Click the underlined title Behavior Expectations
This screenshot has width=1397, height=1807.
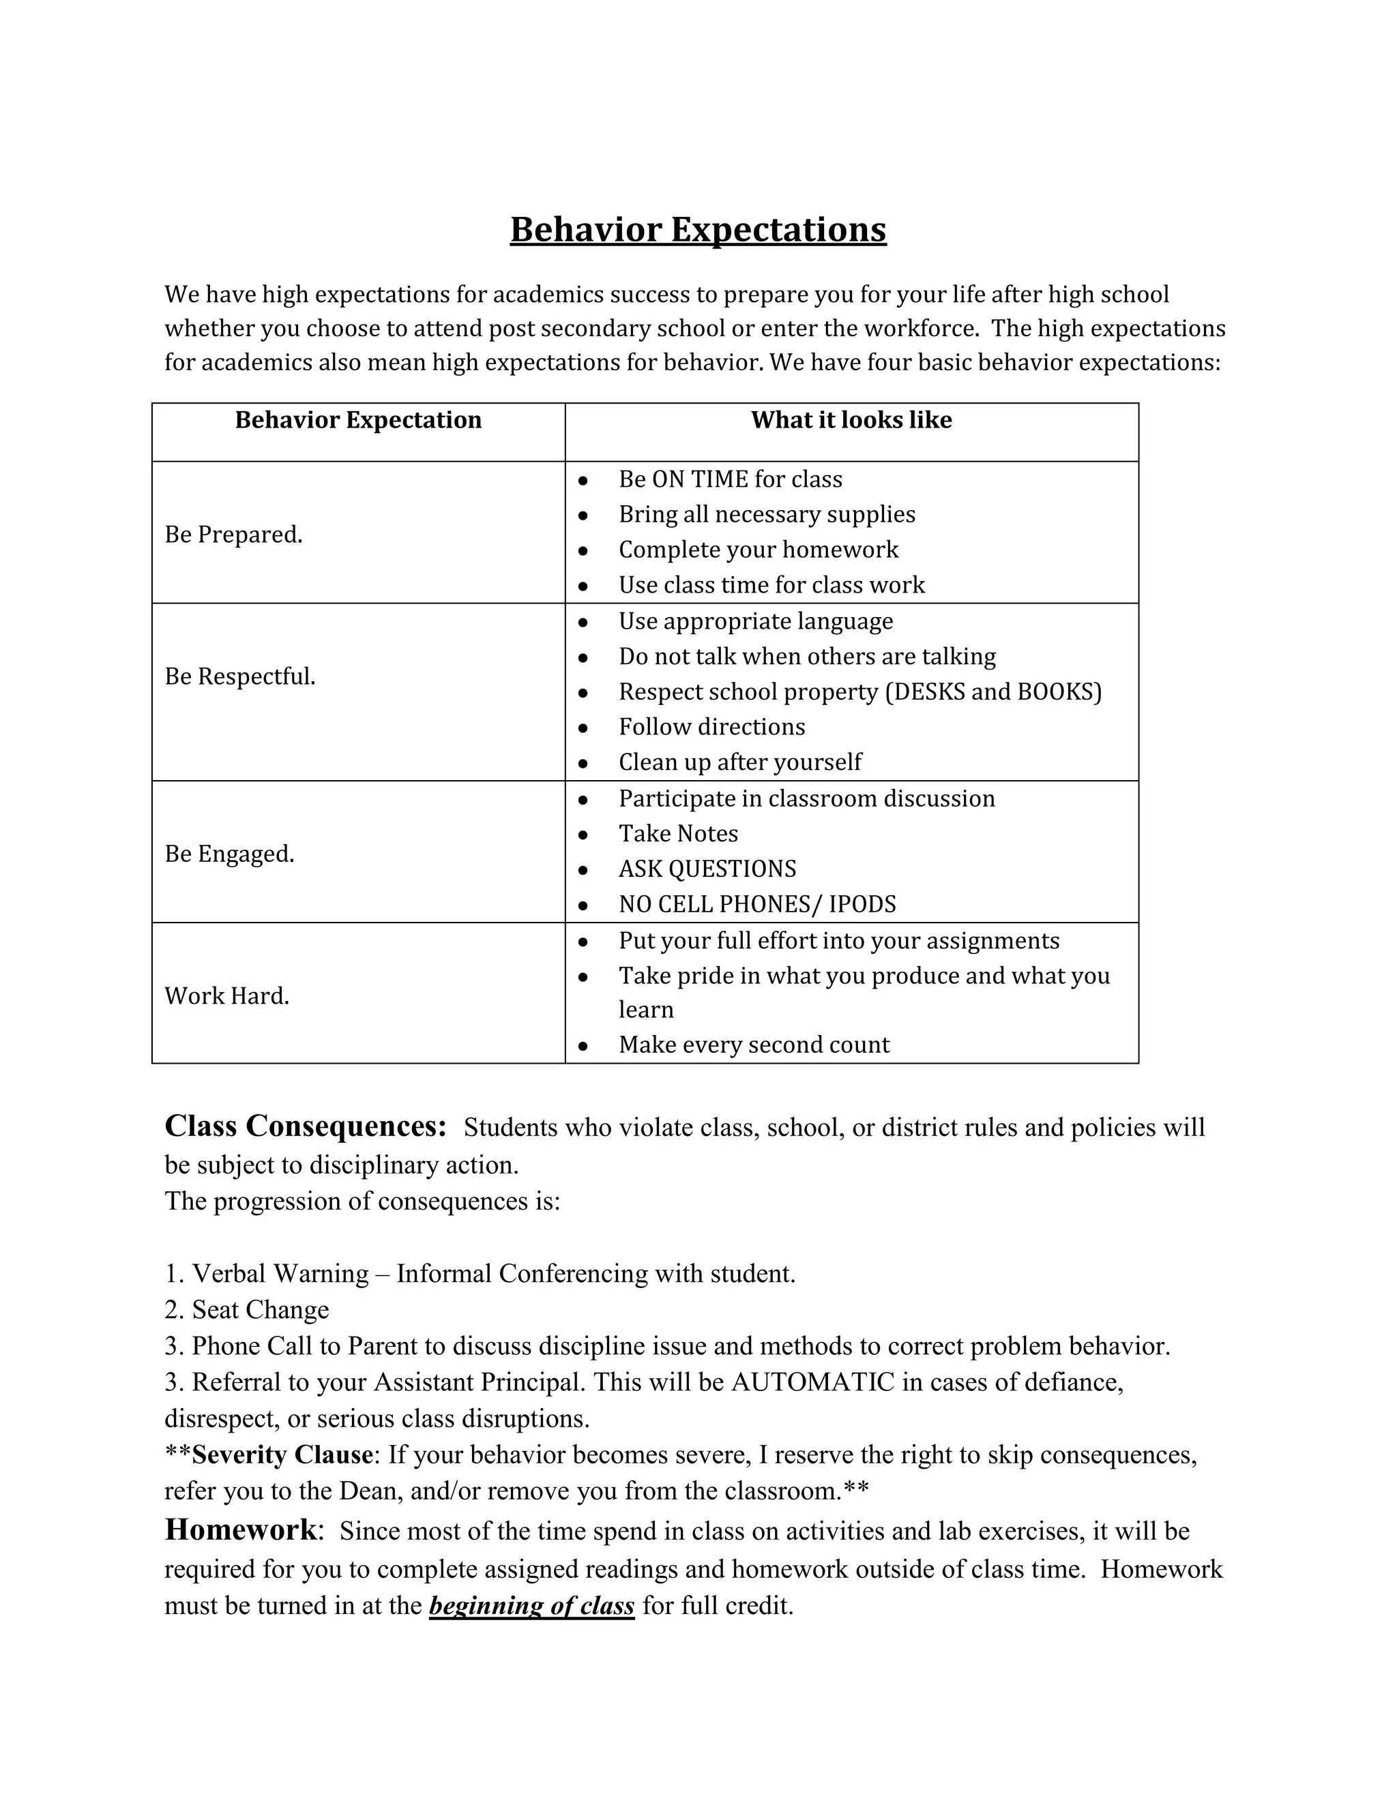(698, 229)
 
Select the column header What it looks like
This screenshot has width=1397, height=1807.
(851, 420)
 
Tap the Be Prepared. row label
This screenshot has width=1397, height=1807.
(233, 535)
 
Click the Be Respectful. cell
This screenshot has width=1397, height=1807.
(240, 677)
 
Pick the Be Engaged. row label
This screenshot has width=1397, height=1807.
(229, 854)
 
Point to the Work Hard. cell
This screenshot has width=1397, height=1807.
(226, 996)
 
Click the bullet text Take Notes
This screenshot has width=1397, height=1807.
(678, 833)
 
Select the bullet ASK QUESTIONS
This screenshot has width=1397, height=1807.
(707, 869)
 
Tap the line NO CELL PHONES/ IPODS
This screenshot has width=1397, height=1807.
(756, 904)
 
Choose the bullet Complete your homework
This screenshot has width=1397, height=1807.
(758, 550)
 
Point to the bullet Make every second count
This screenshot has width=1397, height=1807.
(753, 1044)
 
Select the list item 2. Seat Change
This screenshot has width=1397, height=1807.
(247, 1310)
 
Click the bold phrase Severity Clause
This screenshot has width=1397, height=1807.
(282, 1454)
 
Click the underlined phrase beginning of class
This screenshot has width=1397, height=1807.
(531, 1606)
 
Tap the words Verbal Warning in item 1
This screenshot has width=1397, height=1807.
(280, 1273)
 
